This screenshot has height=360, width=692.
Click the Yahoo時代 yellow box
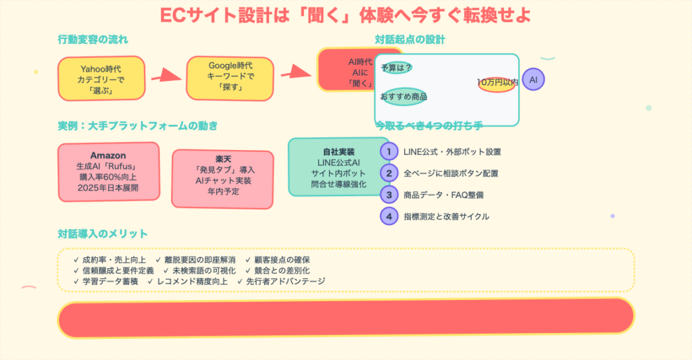(101, 79)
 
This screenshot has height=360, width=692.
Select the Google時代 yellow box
(230, 77)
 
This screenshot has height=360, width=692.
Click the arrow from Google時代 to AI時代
(295, 70)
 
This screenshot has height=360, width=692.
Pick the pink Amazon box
(108, 172)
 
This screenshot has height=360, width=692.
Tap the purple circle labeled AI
(533, 80)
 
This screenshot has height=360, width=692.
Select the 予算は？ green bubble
(396, 68)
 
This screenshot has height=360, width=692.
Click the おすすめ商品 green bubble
(403, 97)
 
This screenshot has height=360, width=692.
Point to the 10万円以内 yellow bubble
(497, 82)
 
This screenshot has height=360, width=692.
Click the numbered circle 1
(389, 152)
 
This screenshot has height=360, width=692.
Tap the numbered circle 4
(389, 217)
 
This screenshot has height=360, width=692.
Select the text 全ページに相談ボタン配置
(451, 174)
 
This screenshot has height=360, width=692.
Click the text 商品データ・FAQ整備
(443, 195)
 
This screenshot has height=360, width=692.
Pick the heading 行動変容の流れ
(93, 39)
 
